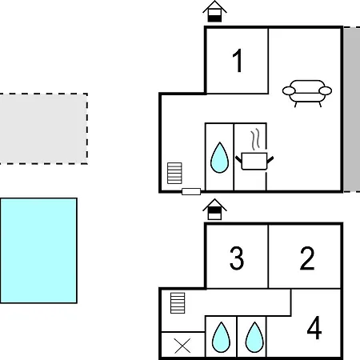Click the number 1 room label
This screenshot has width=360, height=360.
pyautogui.click(x=238, y=61)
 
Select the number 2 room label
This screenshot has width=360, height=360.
pyautogui.click(x=307, y=258)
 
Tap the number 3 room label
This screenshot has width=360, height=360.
pyautogui.click(x=237, y=258)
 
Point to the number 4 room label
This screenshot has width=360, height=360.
pyautogui.click(x=314, y=327)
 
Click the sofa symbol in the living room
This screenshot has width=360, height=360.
pyautogui.click(x=307, y=93)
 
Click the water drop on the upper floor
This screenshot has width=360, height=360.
pyautogui.click(x=219, y=158)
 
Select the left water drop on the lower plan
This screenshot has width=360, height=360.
pyautogui.click(x=221, y=338)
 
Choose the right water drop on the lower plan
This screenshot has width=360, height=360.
pyautogui.click(x=254, y=338)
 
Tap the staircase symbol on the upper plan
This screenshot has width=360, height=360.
pyautogui.click(x=174, y=173)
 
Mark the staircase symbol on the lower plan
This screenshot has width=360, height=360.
pyautogui.click(x=178, y=303)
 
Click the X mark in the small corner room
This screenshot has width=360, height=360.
pyautogui.click(x=182, y=346)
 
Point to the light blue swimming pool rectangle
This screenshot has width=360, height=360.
pyautogui.click(x=38, y=250)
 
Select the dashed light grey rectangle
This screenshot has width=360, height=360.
pyautogui.click(x=43, y=129)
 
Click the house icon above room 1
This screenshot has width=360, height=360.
pyautogui.click(x=214, y=11)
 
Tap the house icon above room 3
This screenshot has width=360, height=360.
pyautogui.click(x=214, y=210)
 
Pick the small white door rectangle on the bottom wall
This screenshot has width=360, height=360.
pyautogui.click(x=191, y=191)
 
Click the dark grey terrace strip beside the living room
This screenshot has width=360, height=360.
pyautogui.click(x=351, y=110)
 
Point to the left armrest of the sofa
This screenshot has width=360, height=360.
pyautogui.click(x=289, y=91)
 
